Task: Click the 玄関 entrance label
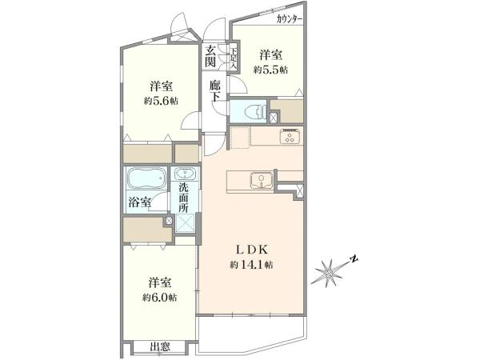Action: coord(210,56)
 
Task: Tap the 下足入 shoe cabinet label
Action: coord(234,58)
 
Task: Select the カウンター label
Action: coord(289,19)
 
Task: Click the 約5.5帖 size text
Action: coord(270,70)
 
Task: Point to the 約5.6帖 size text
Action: coord(161,101)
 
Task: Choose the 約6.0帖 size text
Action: coord(159,298)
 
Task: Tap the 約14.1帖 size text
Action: coord(252,265)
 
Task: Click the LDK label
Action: coord(252,250)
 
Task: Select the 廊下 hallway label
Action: coord(215,91)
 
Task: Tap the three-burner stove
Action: coord(290,136)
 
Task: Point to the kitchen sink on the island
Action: coord(262,180)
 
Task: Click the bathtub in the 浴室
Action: coord(146,178)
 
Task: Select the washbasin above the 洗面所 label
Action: coord(185,174)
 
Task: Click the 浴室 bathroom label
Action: coord(139,202)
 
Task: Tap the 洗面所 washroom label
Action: coord(183,198)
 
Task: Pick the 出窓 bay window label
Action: coord(160,347)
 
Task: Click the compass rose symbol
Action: coord(329,273)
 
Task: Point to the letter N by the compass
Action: coord(354,259)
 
